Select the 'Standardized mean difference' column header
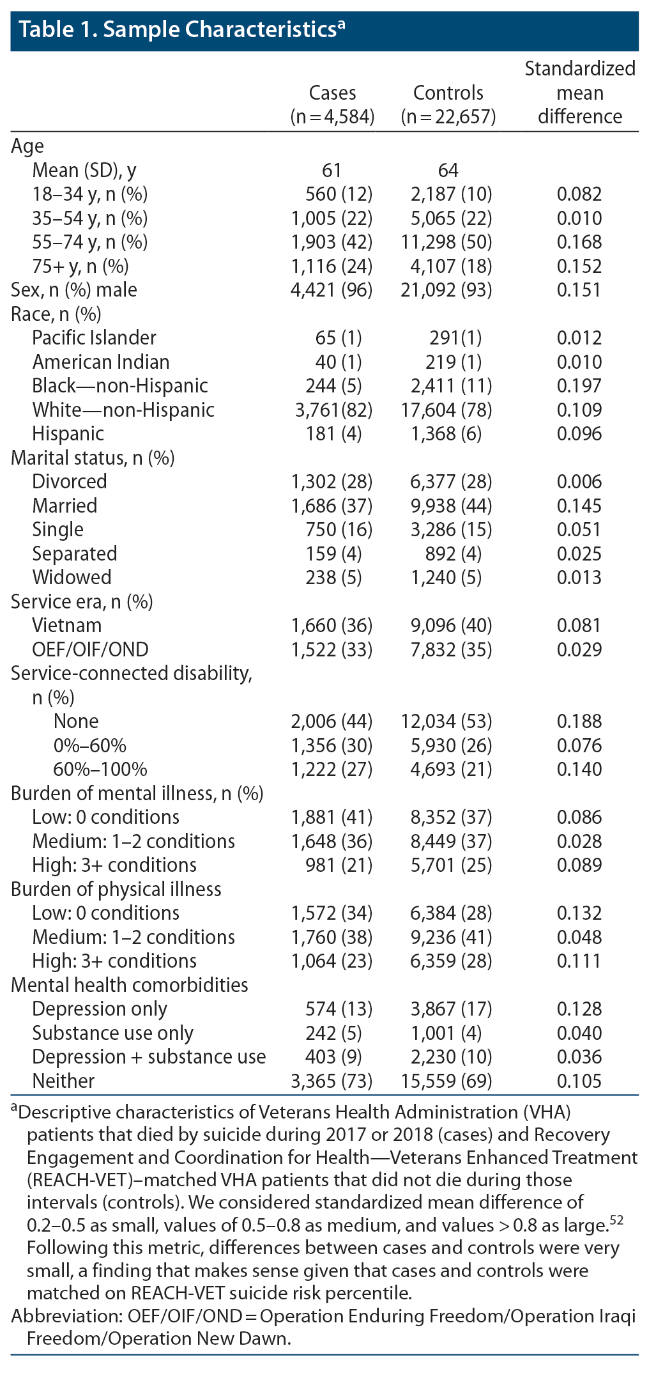point(579,93)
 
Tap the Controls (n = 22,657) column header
point(448,104)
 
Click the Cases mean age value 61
point(332,170)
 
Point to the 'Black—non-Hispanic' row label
point(120,385)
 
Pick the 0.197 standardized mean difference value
point(579,385)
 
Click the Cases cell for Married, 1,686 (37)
point(332,506)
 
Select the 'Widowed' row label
point(72,577)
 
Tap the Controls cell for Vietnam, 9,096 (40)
point(451,625)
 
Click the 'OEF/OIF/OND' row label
point(90,649)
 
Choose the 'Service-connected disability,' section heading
point(132,673)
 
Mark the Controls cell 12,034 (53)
point(446,721)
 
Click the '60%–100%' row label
point(100,769)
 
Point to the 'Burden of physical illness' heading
point(116,889)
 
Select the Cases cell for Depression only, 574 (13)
point(339,1009)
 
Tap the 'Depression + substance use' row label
point(149,1057)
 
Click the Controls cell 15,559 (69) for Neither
point(446,1081)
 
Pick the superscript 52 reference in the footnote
point(616,1221)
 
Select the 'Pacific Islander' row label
point(94,337)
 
